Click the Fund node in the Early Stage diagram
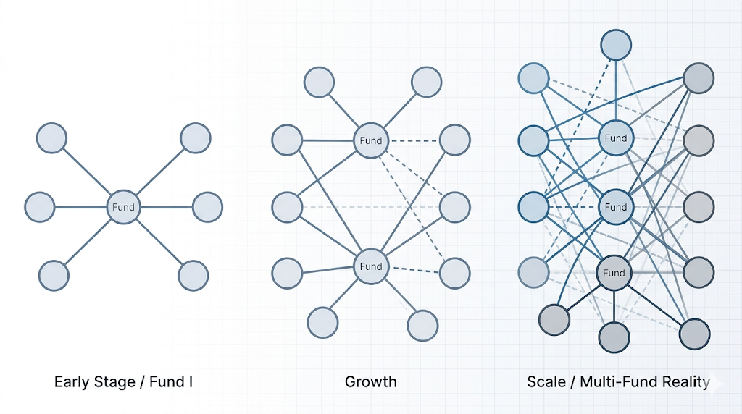click(123, 207)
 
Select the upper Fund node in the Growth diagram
click(370, 140)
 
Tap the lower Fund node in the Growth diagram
click(370, 266)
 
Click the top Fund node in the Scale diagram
click(615, 138)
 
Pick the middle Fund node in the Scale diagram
click(615, 207)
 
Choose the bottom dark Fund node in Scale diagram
click(613, 273)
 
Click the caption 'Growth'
click(370, 381)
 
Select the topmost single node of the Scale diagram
click(615, 45)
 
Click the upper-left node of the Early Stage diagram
click(51, 138)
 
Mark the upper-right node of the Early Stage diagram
click(195, 138)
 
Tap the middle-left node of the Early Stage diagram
click(39, 207)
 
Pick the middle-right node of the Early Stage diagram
click(207, 207)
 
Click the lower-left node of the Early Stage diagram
click(54, 276)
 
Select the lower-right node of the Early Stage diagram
click(193, 276)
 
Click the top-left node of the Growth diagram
click(319, 82)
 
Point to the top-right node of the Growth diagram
click(426, 82)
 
